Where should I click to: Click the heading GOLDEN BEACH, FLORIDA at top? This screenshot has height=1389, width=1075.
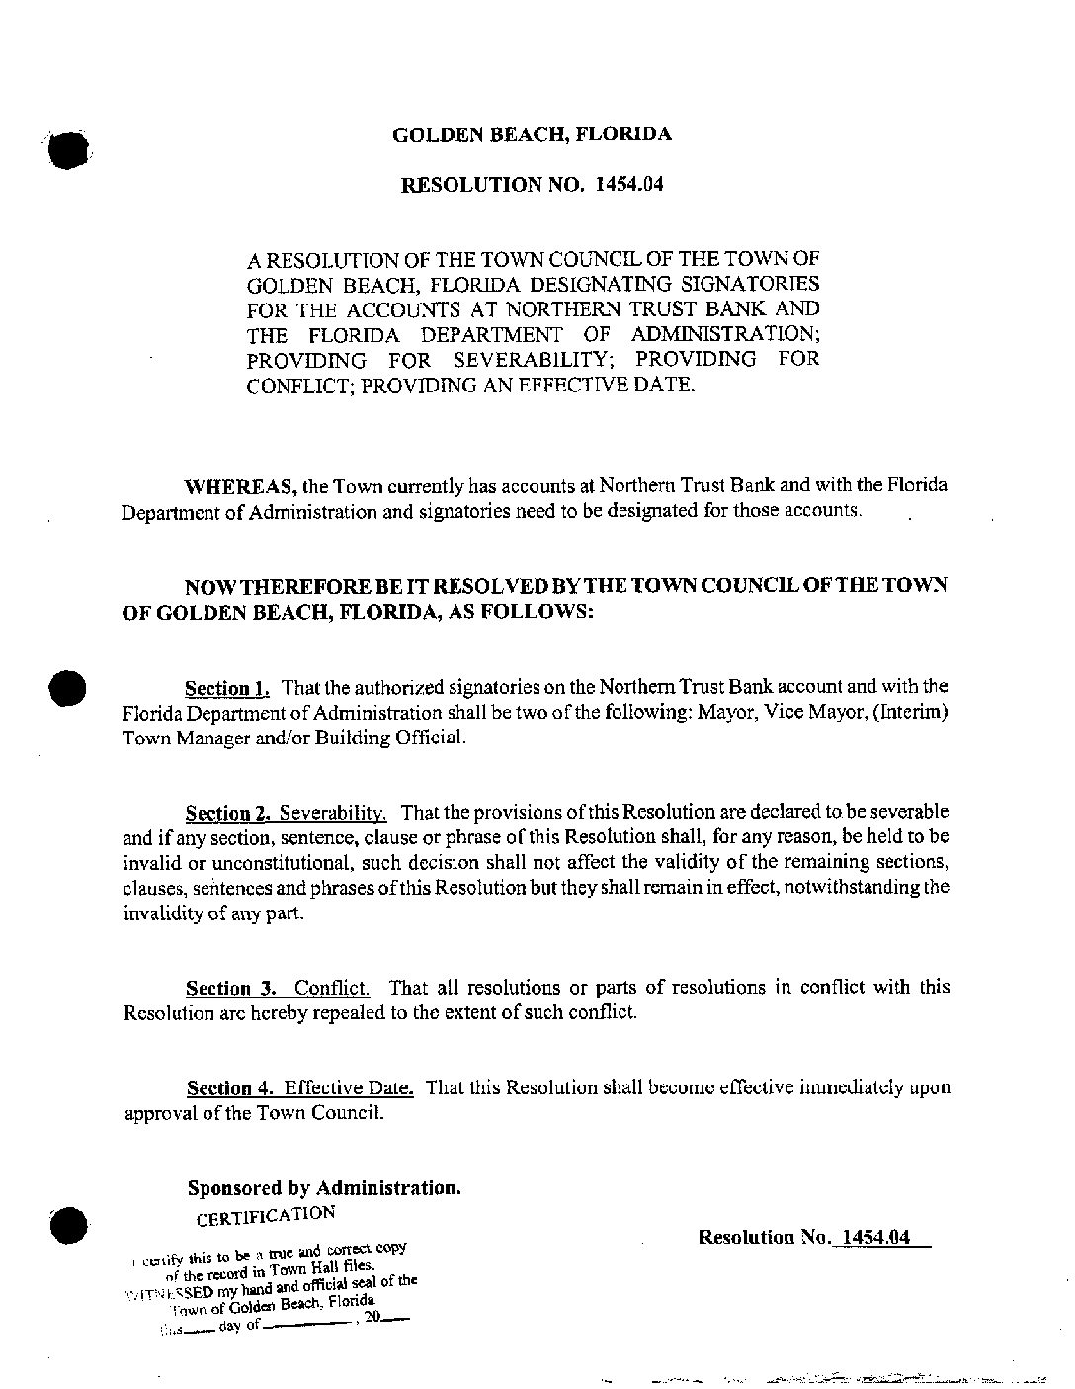532,134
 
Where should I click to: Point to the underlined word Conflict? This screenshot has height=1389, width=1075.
332,988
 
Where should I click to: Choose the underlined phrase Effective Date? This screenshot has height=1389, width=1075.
349,1088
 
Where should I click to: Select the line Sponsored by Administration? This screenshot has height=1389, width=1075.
324,1188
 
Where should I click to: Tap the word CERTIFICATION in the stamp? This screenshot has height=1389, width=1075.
265,1215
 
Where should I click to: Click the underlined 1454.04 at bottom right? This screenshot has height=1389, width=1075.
870,1237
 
